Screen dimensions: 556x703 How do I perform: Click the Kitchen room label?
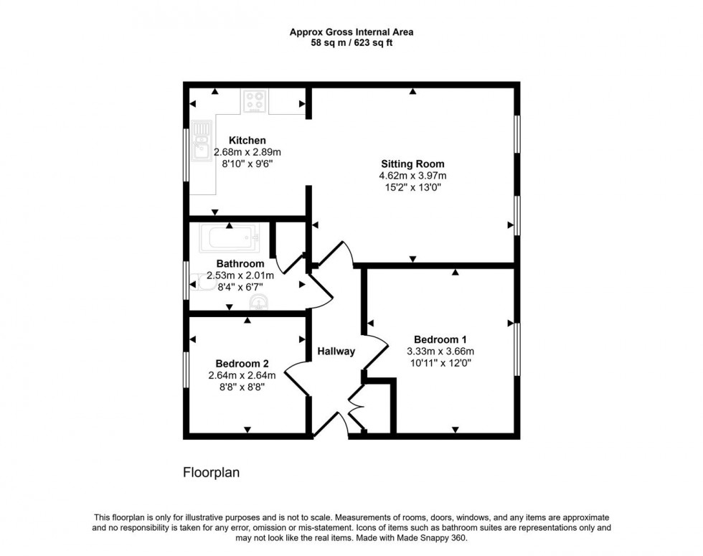tap(247, 141)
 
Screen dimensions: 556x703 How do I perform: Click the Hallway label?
tap(336, 352)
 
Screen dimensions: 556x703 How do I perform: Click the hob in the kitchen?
tap(254, 100)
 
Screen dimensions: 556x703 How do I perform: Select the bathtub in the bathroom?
tap(228, 238)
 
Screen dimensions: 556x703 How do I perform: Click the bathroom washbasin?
tap(259, 302)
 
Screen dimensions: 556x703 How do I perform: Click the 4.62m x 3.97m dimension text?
tap(412, 176)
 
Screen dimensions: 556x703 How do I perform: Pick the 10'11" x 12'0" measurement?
tap(440, 363)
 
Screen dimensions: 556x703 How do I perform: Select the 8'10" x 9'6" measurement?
tap(247, 164)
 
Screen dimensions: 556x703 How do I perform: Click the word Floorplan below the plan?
tap(211, 473)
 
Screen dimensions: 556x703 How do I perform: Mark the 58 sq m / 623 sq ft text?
tap(351, 43)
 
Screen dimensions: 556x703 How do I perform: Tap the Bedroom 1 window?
tap(516, 349)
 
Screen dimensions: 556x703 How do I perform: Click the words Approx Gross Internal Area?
tap(351, 32)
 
